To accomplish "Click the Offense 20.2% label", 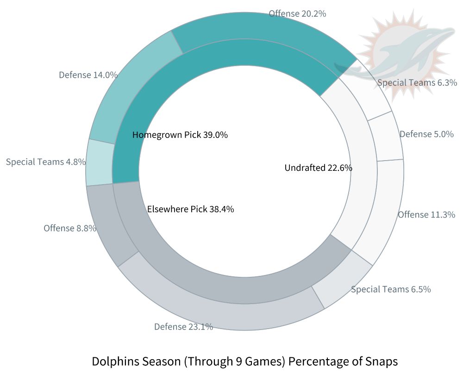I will (297, 13).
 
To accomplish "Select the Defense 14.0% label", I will (88, 75).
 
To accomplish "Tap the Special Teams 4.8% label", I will (46, 162).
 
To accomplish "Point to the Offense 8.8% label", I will (70, 228).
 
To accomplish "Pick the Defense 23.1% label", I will (183, 326).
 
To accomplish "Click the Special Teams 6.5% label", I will (391, 289).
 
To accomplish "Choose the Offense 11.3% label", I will (426, 214).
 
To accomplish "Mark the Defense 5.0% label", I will (426, 134).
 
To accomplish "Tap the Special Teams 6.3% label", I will (417, 82).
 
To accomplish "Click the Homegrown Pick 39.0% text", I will (180, 135).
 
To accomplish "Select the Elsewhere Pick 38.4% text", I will (190, 209).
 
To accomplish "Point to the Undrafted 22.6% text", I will (318, 168).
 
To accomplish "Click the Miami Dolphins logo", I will (400, 53).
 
